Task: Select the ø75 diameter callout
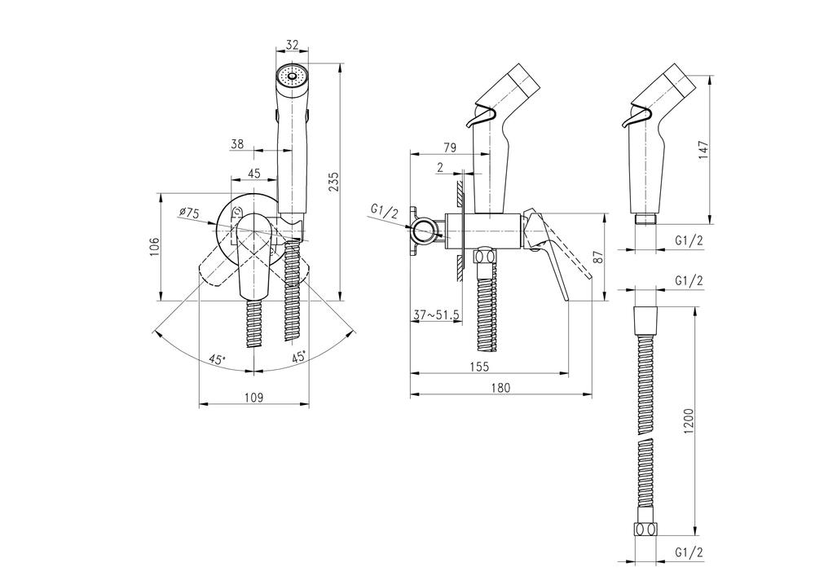189,213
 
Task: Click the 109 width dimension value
253,398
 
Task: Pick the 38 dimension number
237,143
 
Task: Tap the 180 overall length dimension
500,389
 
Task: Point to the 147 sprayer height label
706,149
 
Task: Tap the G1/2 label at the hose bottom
689,552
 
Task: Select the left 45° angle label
216,358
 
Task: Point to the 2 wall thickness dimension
441,169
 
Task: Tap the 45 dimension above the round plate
253,173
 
